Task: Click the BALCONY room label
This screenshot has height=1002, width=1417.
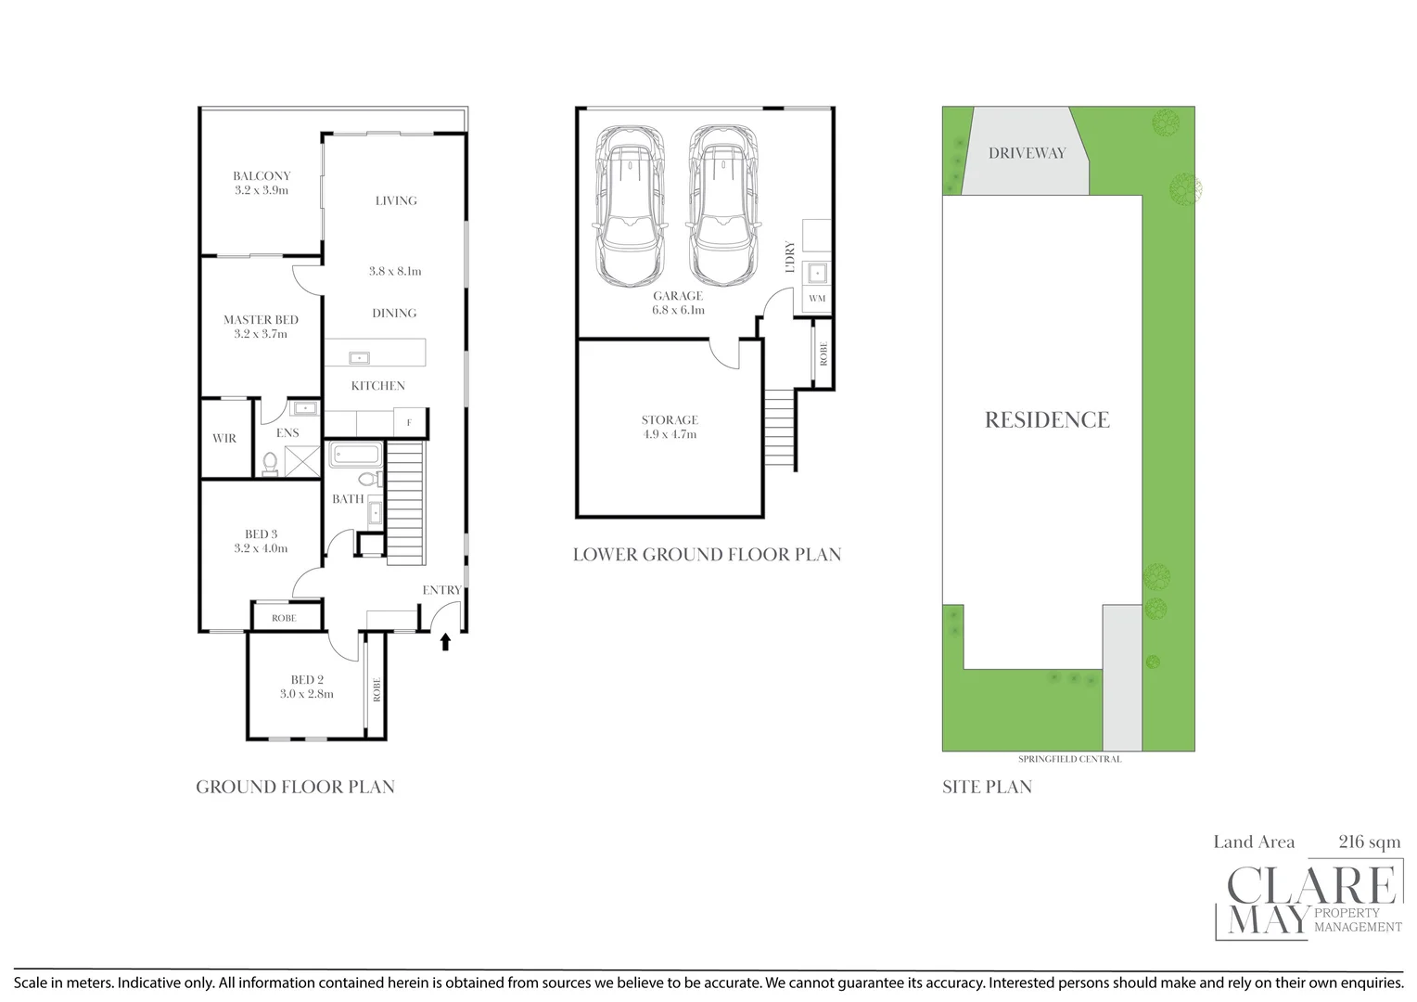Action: [x=262, y=175]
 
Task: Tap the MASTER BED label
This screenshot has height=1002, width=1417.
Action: [x=261, y=319]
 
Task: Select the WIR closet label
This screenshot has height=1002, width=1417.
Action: [x=224, y=438]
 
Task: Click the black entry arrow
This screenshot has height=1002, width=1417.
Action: [x=445, y=641]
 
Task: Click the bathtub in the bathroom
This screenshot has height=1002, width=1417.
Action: [x=355, y=455]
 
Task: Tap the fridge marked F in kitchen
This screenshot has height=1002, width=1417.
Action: [x=409, y=423]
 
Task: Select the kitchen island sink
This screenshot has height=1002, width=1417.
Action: [x=359, y=357]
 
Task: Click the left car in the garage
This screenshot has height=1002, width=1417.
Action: [x=630, y=205]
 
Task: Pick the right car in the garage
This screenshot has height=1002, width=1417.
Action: [x=723, y=205]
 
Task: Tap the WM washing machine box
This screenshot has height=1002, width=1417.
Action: [x=817, y=299]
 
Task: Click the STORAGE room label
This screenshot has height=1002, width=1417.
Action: [x=670, y=419]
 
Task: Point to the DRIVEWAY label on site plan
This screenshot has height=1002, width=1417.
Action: [x=1027, y=153]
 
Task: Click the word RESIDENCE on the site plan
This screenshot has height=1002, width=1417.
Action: [x=1047, y=420]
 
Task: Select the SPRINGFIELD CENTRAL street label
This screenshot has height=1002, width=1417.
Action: [x=1069, y=759]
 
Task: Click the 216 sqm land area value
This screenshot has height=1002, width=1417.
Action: [x=1369, y=841]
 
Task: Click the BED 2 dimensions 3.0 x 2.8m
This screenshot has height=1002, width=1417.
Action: [x=307, y=694]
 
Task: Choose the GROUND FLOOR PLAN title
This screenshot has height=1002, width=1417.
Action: [x=295, y=787]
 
